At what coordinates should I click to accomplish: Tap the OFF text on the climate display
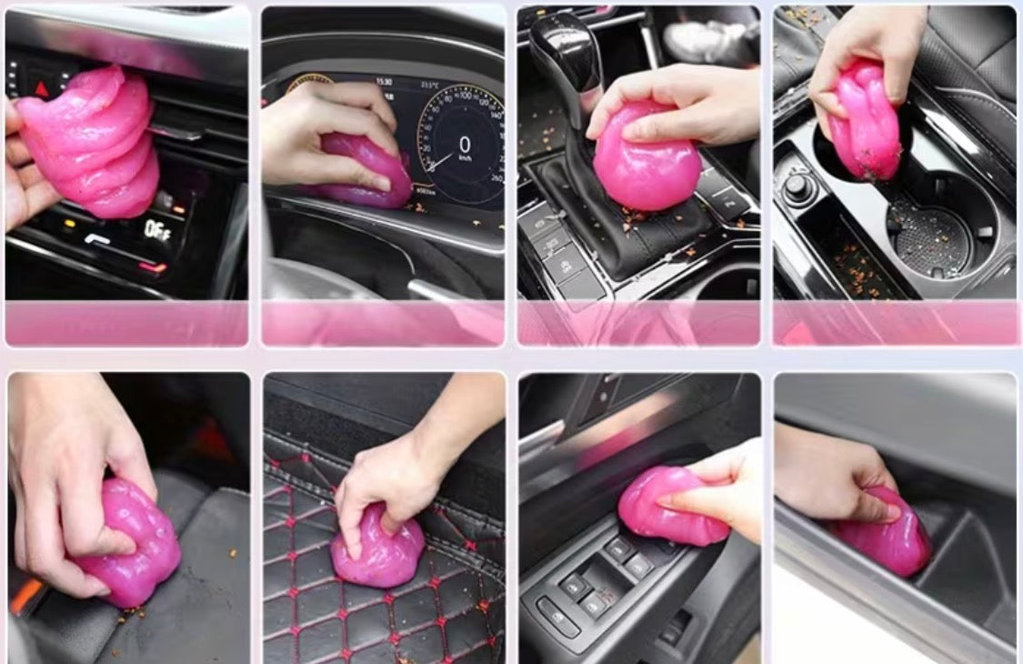(x=156, y=228)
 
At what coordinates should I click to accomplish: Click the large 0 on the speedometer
(x=465, y=145)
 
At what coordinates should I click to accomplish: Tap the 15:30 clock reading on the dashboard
(x=384, y=82)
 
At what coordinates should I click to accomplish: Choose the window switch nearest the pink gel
(x=621, y=548)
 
